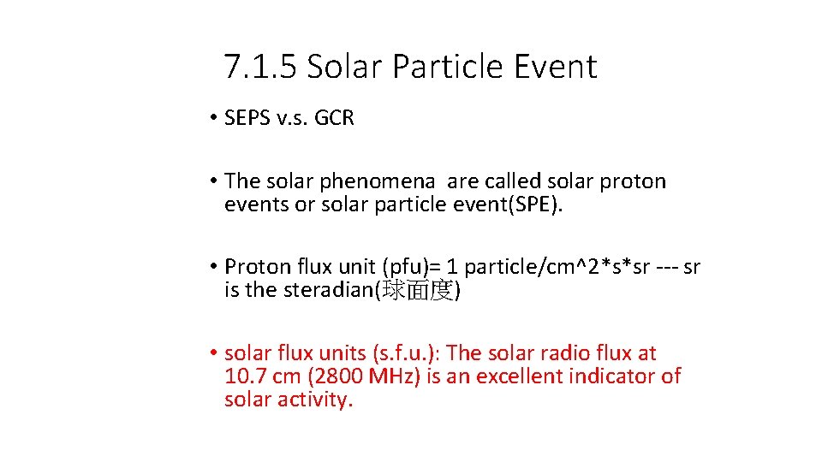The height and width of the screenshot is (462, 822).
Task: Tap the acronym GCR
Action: [x=334, y=118]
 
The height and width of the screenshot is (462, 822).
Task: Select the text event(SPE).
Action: [x=515, y=205]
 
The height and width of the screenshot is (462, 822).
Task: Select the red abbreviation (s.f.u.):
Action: [x=406, y=352]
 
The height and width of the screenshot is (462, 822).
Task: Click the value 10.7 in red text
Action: [x=245, y=376]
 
